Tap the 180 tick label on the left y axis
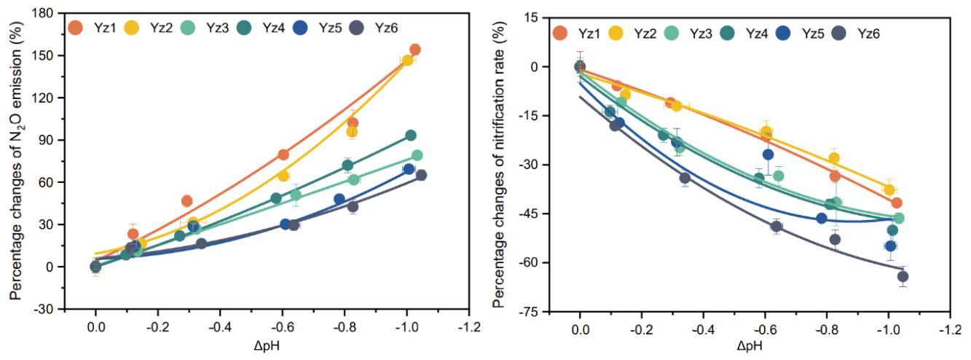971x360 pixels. click(47, 13)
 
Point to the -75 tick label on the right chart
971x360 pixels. click(530, 312)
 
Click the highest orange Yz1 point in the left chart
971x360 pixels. click(414, 50)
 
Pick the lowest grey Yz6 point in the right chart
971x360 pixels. click(903, 276)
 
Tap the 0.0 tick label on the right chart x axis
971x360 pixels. click(580, 329)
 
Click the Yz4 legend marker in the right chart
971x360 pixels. click(728, 33)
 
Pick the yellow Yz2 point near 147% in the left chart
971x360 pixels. click(407, 60)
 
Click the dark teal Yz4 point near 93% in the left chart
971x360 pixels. click(410, 136)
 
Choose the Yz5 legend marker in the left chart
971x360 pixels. click(301, 28)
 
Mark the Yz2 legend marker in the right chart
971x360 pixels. click(616, 33)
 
